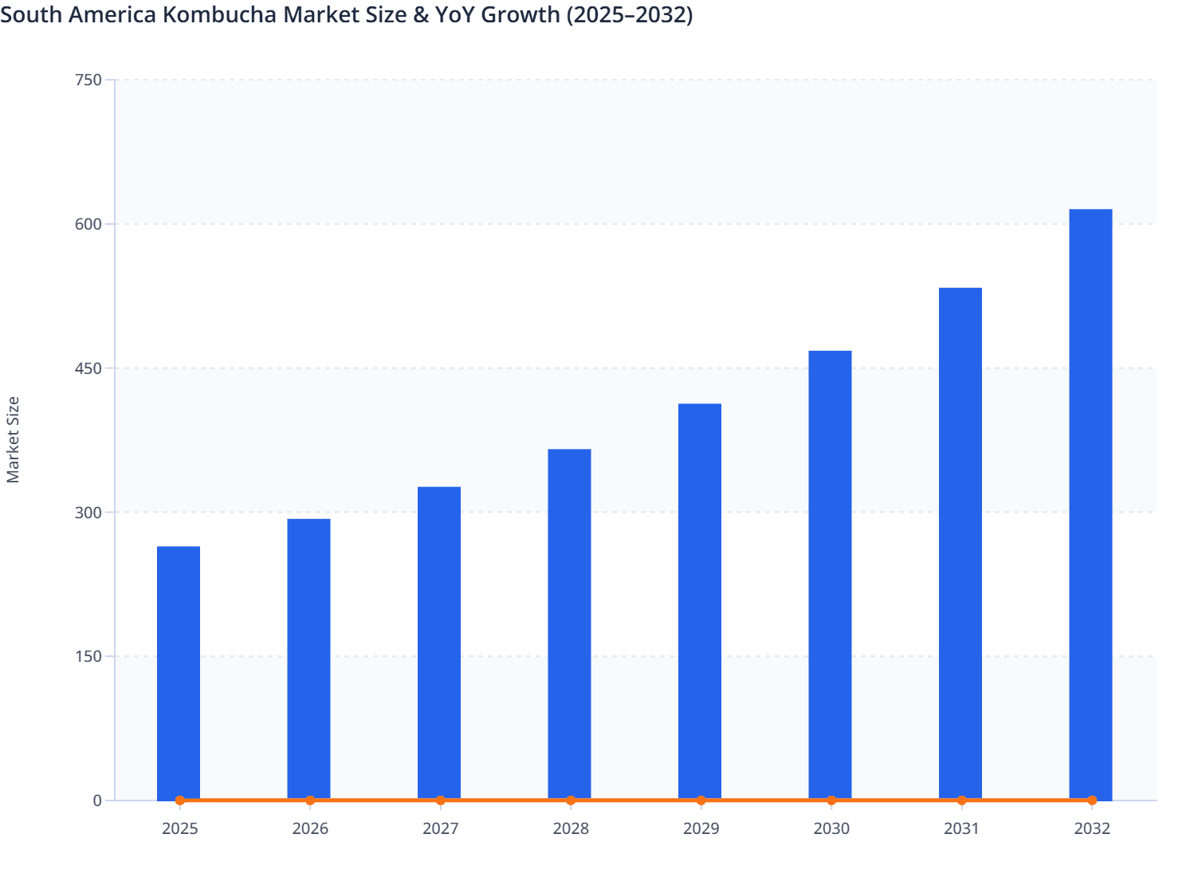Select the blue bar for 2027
[439, 642]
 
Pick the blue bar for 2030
[830, 574]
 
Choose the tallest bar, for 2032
[1090, 503]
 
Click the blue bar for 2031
[960, 542]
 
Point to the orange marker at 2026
[310, 801]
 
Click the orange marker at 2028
[571, 801]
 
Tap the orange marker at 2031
[961, 801]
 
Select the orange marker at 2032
[1092, 801]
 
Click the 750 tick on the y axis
[88, 80]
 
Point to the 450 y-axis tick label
[88, 368]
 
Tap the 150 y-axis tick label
[88, 657]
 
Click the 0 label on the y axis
[97, 801]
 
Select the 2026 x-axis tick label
[310, 828]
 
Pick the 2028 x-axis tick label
[571, 828]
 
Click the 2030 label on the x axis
[831, 828]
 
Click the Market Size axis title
[13, 439]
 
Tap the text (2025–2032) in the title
[629, 14]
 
